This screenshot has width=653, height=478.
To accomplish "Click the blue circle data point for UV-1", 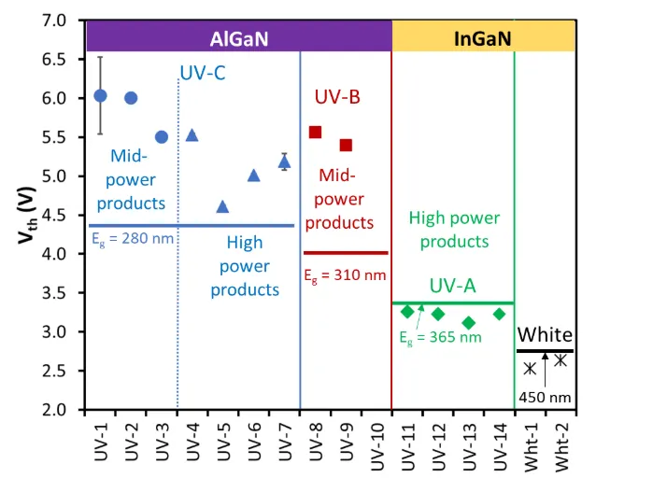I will click(x=101, y=95).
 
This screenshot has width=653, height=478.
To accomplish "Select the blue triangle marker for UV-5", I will click(x=222, y=206).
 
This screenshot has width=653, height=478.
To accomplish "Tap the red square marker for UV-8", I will click(x=315, y=133).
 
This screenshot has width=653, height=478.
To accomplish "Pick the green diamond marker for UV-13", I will click(x=469, y=322).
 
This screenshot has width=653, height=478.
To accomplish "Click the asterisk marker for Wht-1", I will click(x=530, y=368).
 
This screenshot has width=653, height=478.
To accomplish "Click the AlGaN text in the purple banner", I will click(x=238, y=38).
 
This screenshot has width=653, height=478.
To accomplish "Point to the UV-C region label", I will click(x=202, y=71).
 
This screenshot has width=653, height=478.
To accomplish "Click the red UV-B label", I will click(x=337, y=96).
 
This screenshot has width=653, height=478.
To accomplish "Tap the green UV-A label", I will click(x=453, y=286).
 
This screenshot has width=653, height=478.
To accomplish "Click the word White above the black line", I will click(x=545, y=334).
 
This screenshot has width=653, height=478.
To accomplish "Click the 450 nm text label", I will click(x=547, y=397).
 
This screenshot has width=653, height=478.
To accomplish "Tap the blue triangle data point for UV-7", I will click(x=284, y=162).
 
